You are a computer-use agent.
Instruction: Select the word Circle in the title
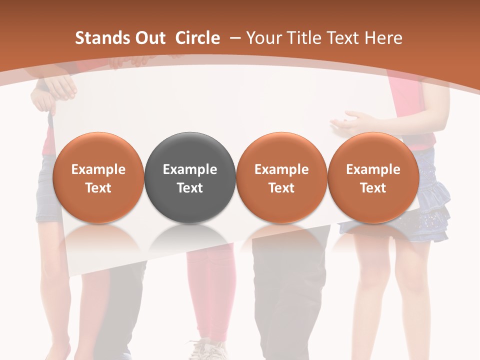[x=197, y=38]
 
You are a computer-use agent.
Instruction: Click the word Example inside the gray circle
[x=189, y=169]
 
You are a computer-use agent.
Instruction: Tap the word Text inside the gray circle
[x=189, y=188]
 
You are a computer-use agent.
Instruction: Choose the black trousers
[x=290, y=290]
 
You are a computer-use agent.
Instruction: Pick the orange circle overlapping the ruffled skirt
[x=373, y=177]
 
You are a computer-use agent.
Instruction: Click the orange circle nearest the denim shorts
[x=98, y=177]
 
